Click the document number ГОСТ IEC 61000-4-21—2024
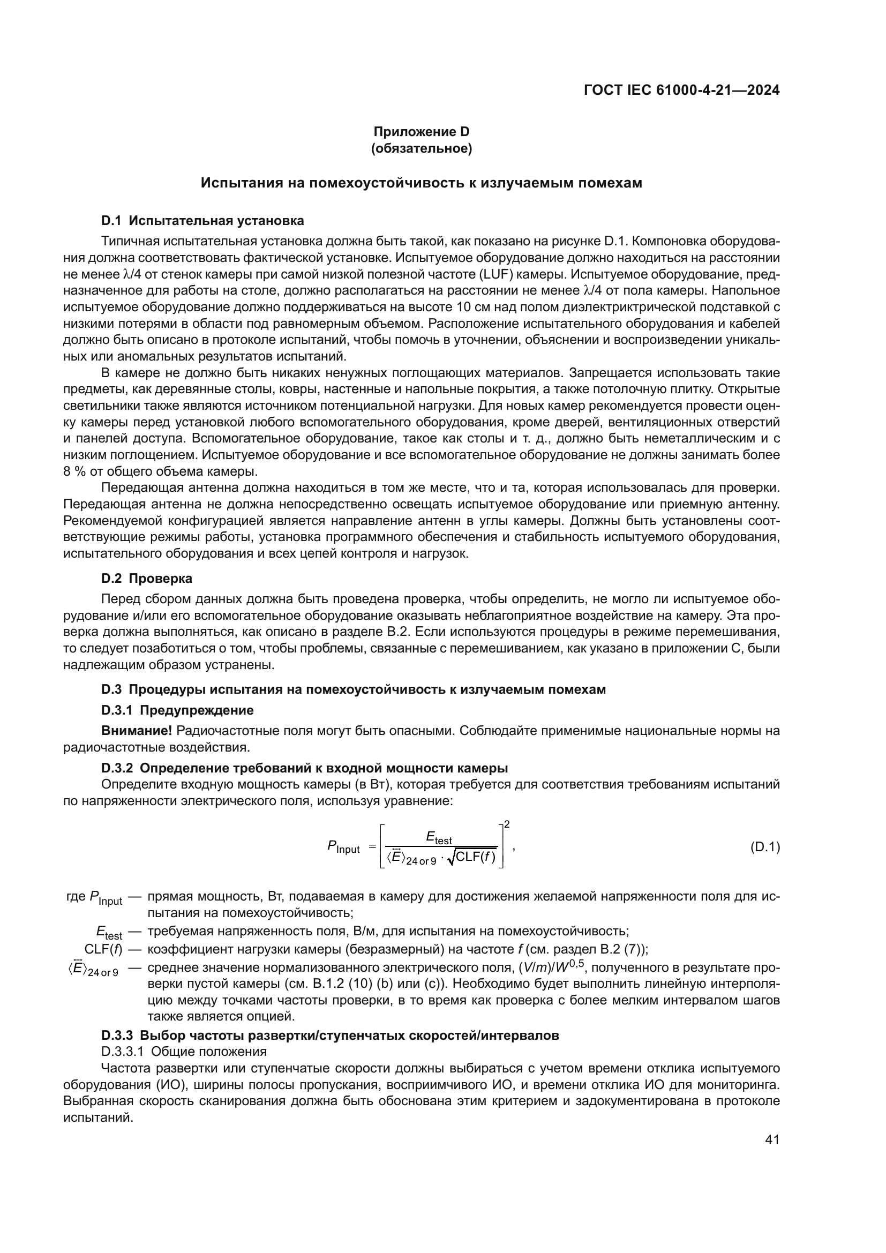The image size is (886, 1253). coord(681,90)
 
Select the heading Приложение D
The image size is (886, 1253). coord(421,132)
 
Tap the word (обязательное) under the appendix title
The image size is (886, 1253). coord(421,148)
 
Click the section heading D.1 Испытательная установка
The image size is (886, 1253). coord(202,221)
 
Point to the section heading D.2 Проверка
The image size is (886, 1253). coord(147,578)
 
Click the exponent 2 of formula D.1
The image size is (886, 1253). coord(507,824)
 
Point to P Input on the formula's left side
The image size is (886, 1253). coord(343,847)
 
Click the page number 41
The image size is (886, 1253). coord(772,1139)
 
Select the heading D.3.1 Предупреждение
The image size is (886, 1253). coord(177,710)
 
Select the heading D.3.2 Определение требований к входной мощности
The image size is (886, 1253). coord(304,768)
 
